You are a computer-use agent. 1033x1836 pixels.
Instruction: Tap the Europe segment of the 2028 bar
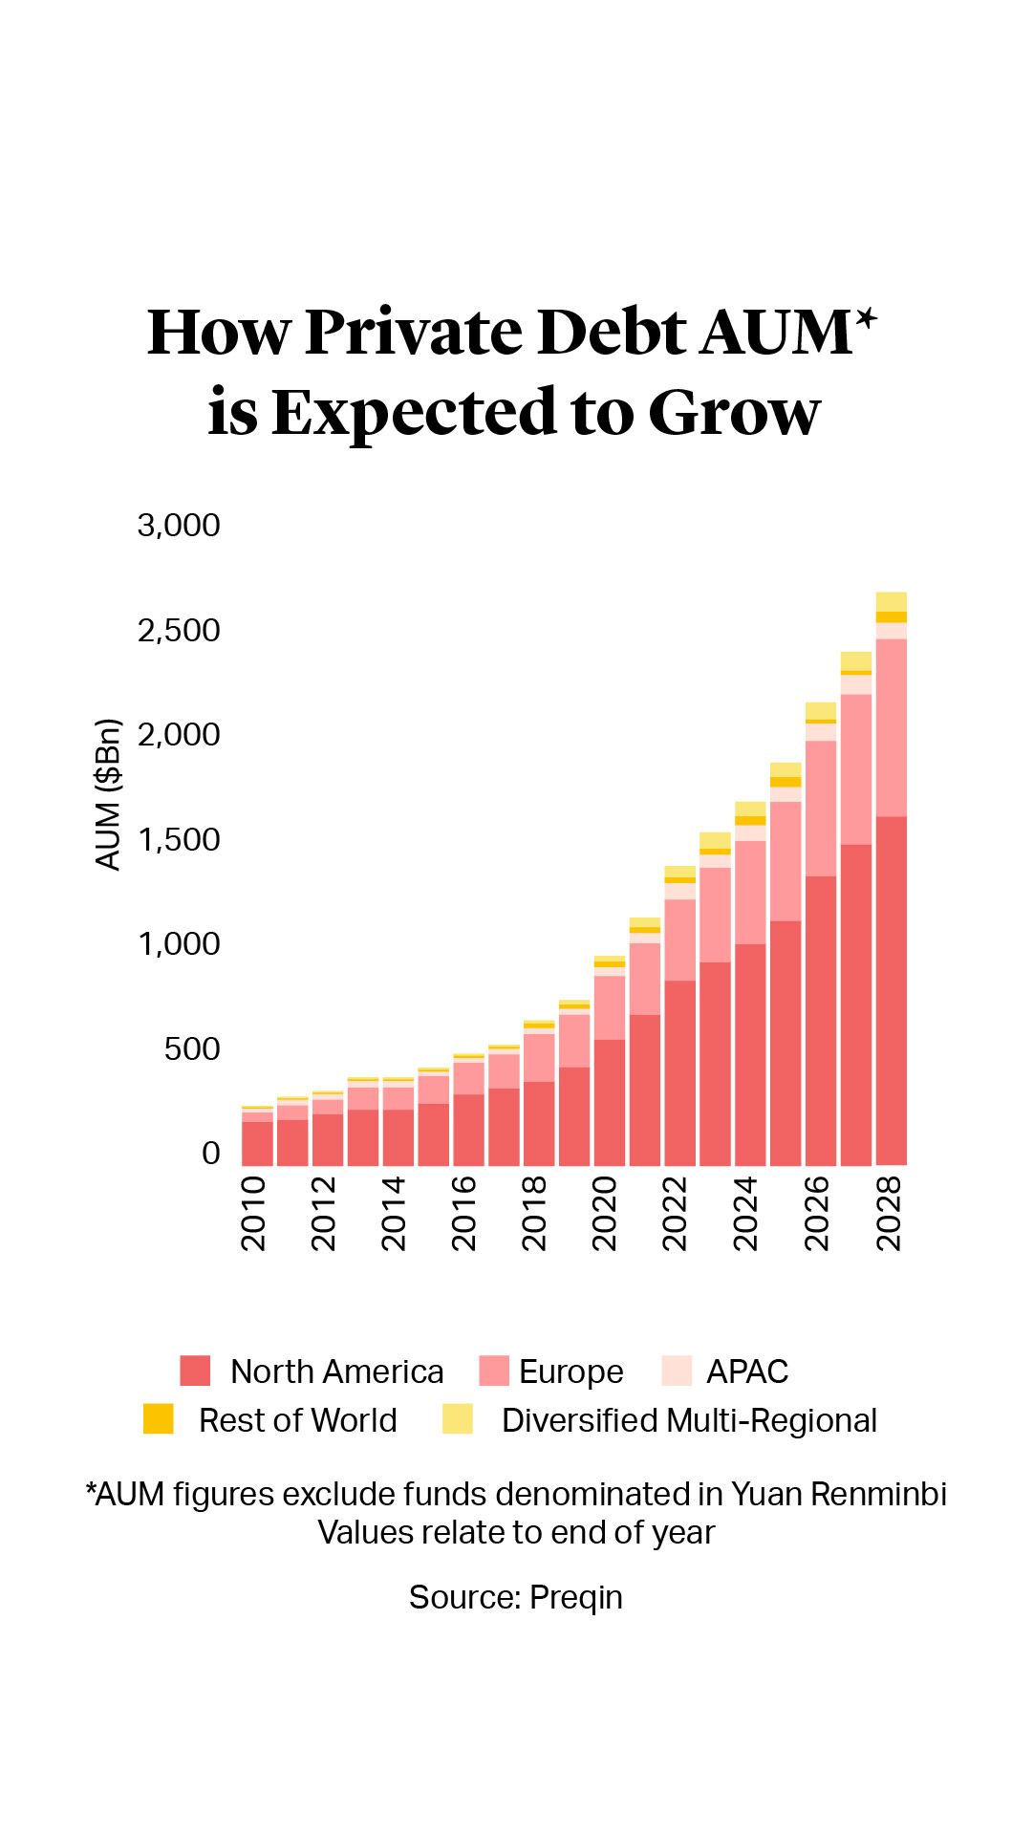click(891, 726)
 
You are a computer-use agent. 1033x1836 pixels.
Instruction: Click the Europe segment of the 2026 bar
click(820, 808)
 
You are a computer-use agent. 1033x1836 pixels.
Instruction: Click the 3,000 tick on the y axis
click(179, 526)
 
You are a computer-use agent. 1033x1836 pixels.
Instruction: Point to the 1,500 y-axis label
click(179, 840)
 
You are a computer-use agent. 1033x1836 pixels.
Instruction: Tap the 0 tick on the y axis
click(210, 1154)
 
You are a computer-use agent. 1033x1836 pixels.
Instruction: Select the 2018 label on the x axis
click(534, 1213)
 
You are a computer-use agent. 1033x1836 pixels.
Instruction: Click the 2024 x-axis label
click(745, 1213)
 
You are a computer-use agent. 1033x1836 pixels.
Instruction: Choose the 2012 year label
click(324, 1213)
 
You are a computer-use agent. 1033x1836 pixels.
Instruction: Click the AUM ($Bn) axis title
click(109, 794)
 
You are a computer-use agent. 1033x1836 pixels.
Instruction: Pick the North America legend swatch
click(195, 1371)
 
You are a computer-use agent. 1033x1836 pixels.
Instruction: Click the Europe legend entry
click(570, 1372)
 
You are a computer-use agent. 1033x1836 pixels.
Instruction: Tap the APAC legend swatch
click(676, 1371)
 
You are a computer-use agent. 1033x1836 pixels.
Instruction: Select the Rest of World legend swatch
click(159, 1419)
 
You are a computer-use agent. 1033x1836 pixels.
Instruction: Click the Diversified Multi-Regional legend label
click(688, 1421)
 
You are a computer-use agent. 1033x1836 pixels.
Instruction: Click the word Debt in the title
click(611, 333)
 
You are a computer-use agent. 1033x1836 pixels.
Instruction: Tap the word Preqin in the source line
click(575, 1597)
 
